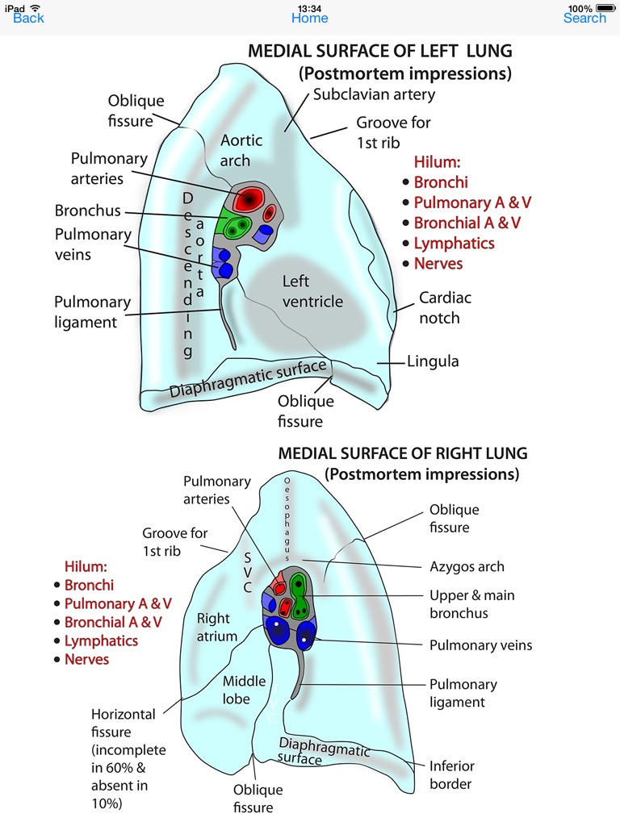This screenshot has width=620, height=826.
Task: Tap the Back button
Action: point(28,18)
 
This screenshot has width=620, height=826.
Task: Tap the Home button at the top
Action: point(310,18)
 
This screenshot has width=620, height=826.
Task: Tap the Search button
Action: point(584,18)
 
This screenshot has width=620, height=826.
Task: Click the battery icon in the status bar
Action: point(605,8)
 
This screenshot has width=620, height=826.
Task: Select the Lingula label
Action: point(433,361)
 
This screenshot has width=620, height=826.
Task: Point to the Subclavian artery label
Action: point(374,94)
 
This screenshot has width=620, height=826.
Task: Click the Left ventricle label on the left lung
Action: point(312,291)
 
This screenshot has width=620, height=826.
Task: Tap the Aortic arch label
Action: point(241,150)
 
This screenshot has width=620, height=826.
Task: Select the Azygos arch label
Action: point(467,567)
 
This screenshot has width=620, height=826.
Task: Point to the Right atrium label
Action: point(217,627)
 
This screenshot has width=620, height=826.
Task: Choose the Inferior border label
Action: point(452,774)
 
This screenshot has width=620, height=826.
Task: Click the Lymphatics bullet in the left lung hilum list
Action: point(454,244)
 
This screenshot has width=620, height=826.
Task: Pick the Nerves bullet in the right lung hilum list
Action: point(86,659)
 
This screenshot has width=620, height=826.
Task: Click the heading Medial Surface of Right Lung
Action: point(402,454)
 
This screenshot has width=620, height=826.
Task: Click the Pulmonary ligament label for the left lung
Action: point(92,312)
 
